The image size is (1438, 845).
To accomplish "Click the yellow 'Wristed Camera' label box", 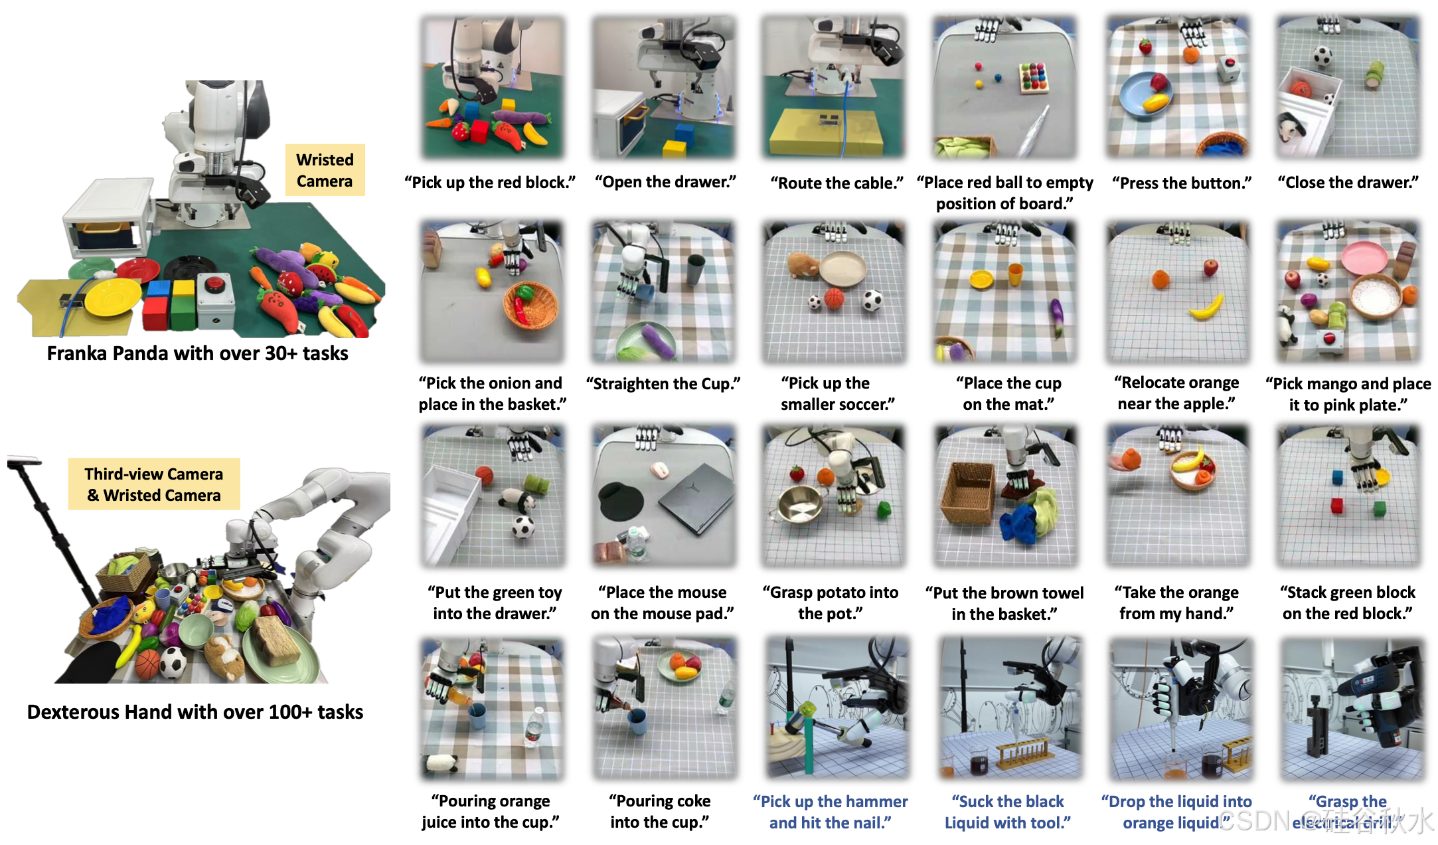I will pyautogui.click(x=325, y=170).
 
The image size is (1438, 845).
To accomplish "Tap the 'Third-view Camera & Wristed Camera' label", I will pyautogui.click(x=153, y=484).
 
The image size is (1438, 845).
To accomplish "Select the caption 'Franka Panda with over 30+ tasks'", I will pyautogui.click(x=197, y=353).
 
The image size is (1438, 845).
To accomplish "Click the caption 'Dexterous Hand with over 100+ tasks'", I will pyautogui.click(x=195, y=712).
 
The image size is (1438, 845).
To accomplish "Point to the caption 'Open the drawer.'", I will pyautogui.click(x=665, y=182).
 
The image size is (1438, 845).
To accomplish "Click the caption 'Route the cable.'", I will pyautogui.click(x=837, y=183).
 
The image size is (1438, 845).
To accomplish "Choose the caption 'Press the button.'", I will pyautogui.click(x=1182, y=183).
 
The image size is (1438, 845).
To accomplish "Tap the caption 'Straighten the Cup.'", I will pyautogui.click(x=663, y=384).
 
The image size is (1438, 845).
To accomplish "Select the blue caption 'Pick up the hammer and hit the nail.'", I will pyautogui.click(x=831, y=812).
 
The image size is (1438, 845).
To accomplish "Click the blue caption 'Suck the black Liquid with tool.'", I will pyautogui.click(x=1008, y=812).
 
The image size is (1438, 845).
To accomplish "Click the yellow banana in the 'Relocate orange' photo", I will pyautogui.click(x=1206, y=308).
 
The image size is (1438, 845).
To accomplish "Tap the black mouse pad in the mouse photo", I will pyautogui.click(x=622, y=501).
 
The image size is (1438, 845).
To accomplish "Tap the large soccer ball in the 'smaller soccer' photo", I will pyautogui.click(x=872, y=301).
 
